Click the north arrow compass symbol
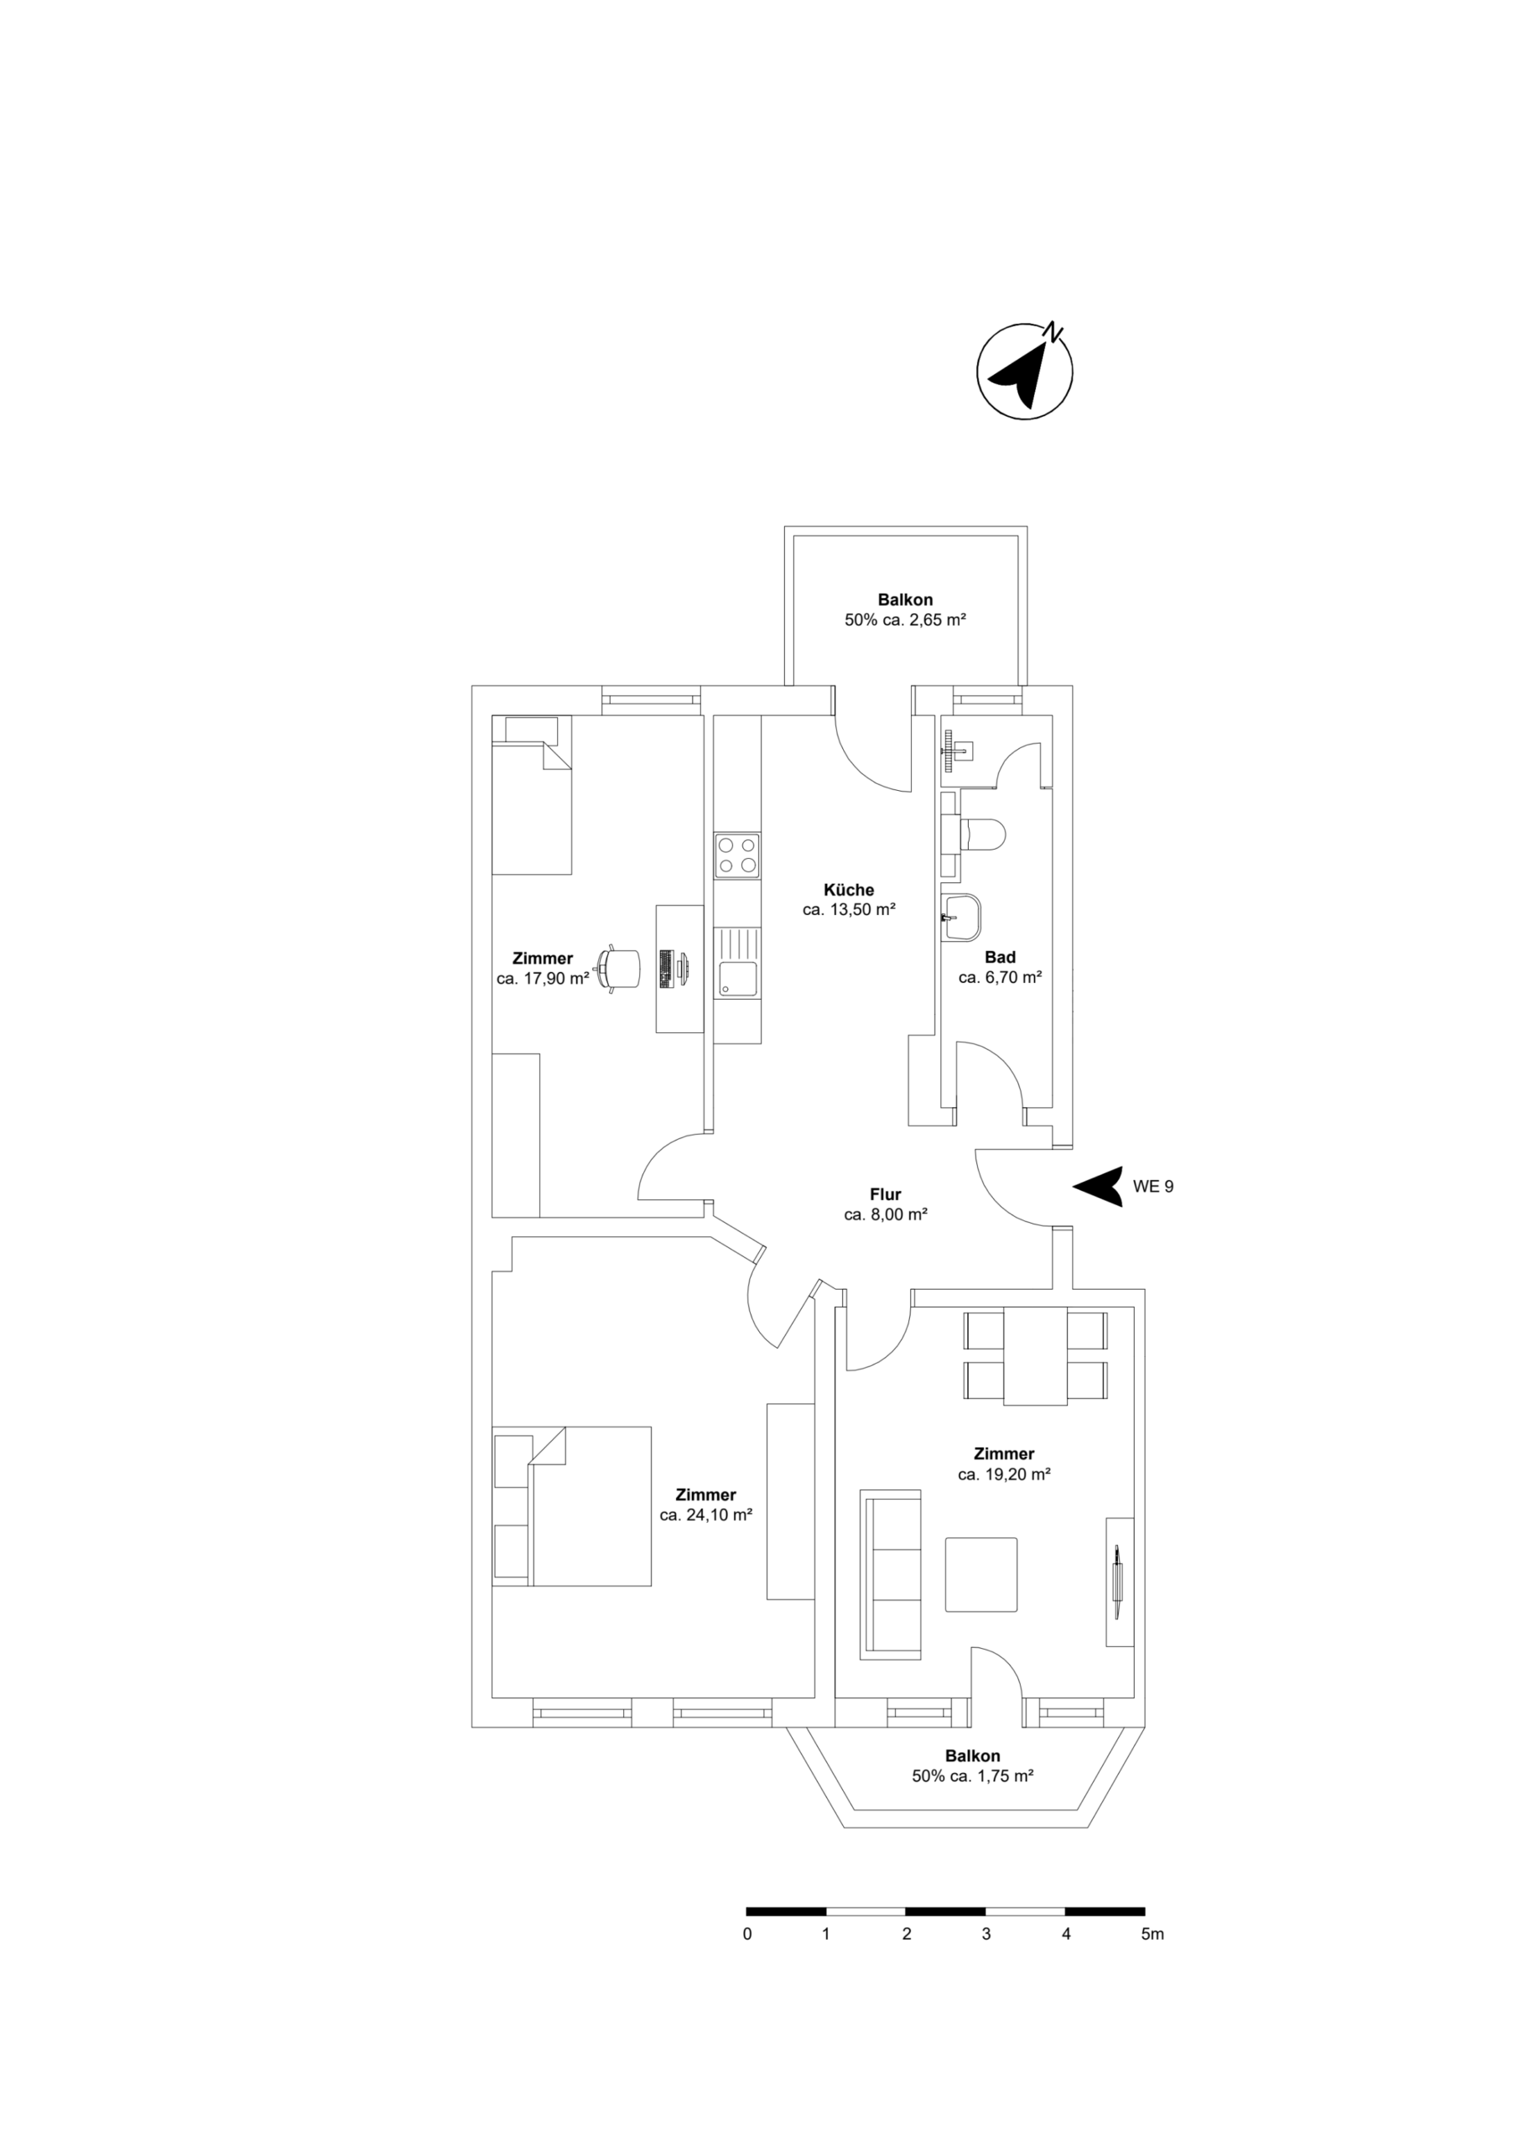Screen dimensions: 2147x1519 point(1024,372)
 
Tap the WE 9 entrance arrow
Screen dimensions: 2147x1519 point(1100,1186)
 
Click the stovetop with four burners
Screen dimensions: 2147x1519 point(736,855)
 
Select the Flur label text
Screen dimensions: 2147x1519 point(885,1194)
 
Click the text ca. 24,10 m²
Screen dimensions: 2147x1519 point(706,1515)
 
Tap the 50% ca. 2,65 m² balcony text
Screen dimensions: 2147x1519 point(904,619)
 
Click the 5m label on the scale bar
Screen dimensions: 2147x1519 point(1152,1934)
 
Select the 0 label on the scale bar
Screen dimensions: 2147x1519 point(746,1934)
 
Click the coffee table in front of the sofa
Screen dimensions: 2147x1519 point(981,1574)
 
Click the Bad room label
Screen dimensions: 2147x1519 point(1000,957)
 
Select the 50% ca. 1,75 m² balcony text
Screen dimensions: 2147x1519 point(972,1775)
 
